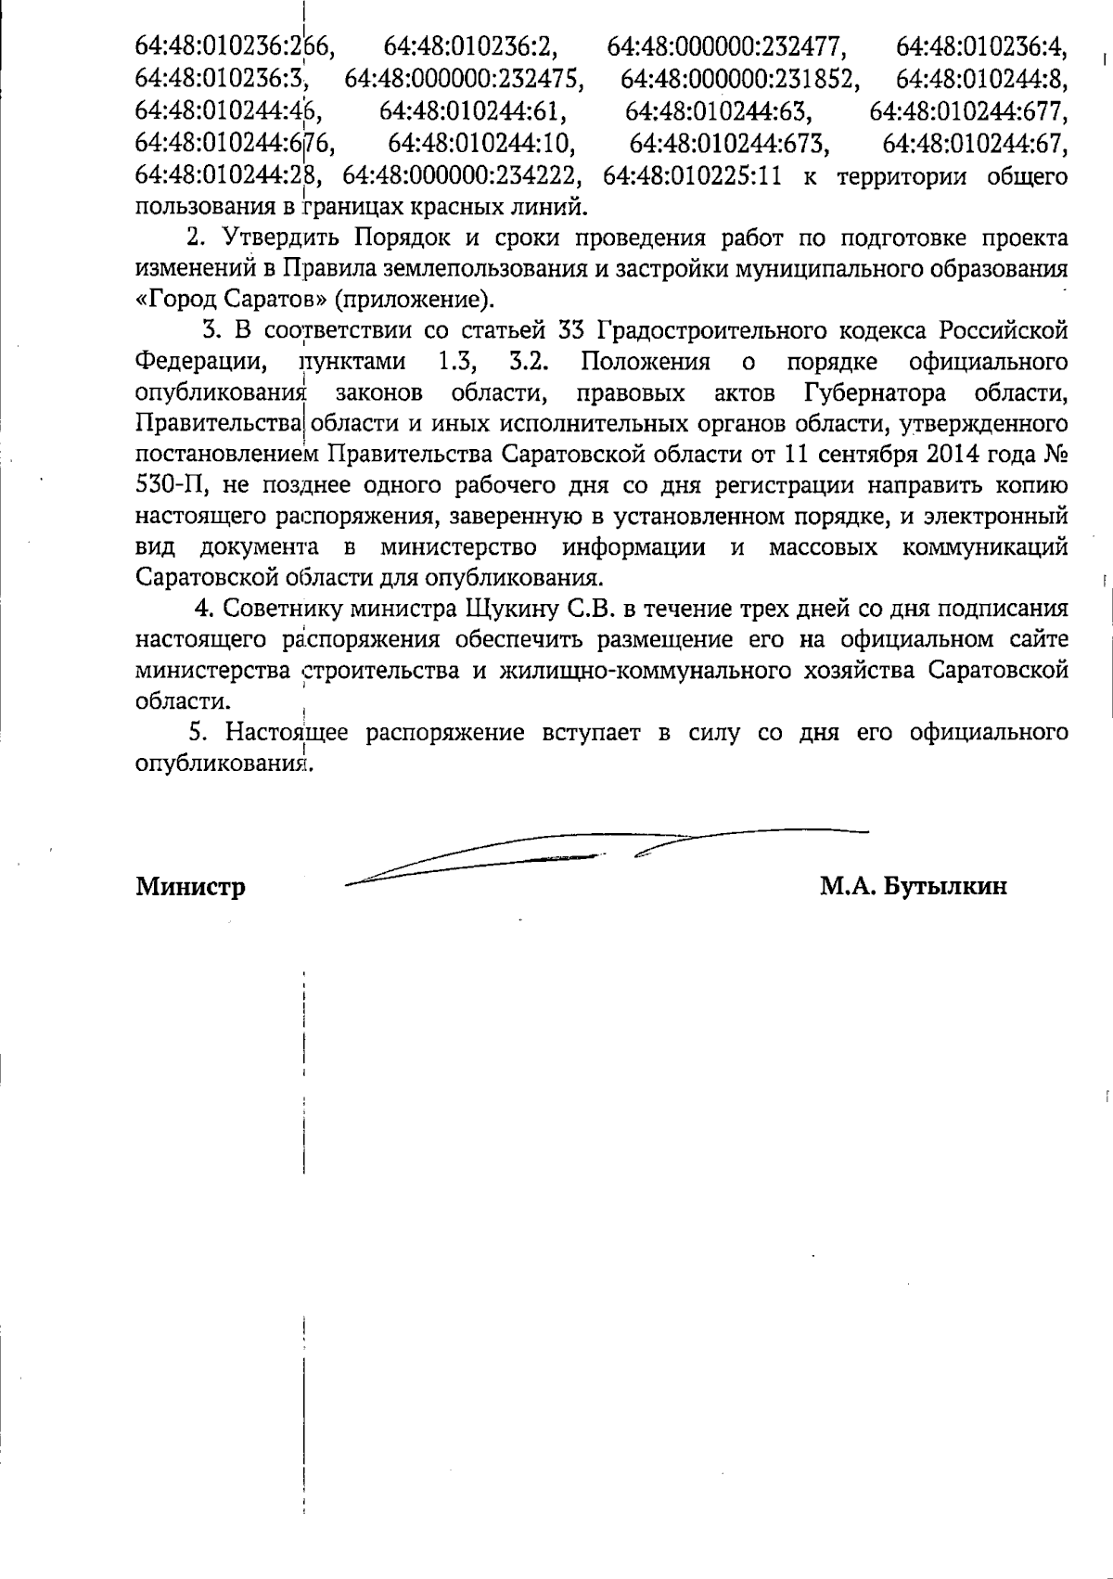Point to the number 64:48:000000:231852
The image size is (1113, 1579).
click(738, 79)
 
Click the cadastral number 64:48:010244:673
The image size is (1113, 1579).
click(729, 145)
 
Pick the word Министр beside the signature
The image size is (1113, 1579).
click(191, 887)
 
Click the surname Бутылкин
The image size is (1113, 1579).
click(946, 887)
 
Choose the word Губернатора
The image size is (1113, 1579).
click(875, 392)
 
